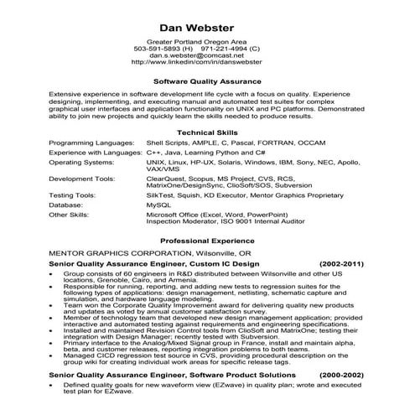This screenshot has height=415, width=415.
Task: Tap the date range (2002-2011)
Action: click(344, 263)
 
